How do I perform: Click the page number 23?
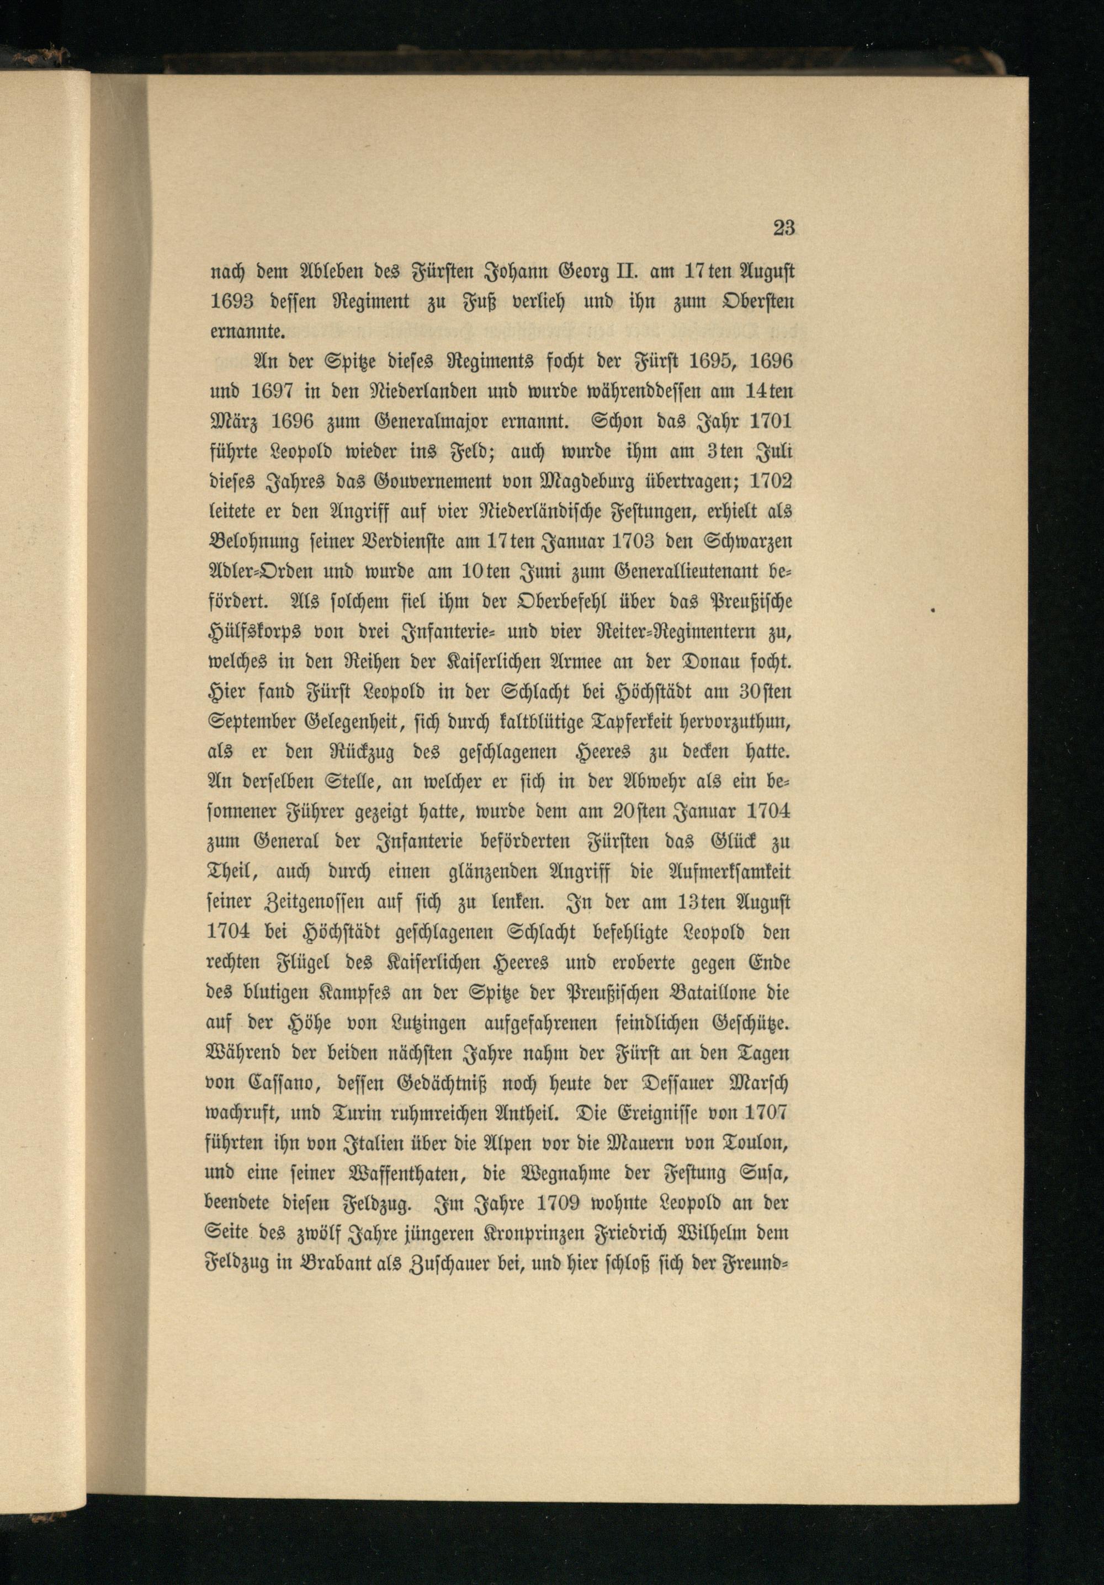tap(784, 228)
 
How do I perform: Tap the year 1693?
tap(232, 302)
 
